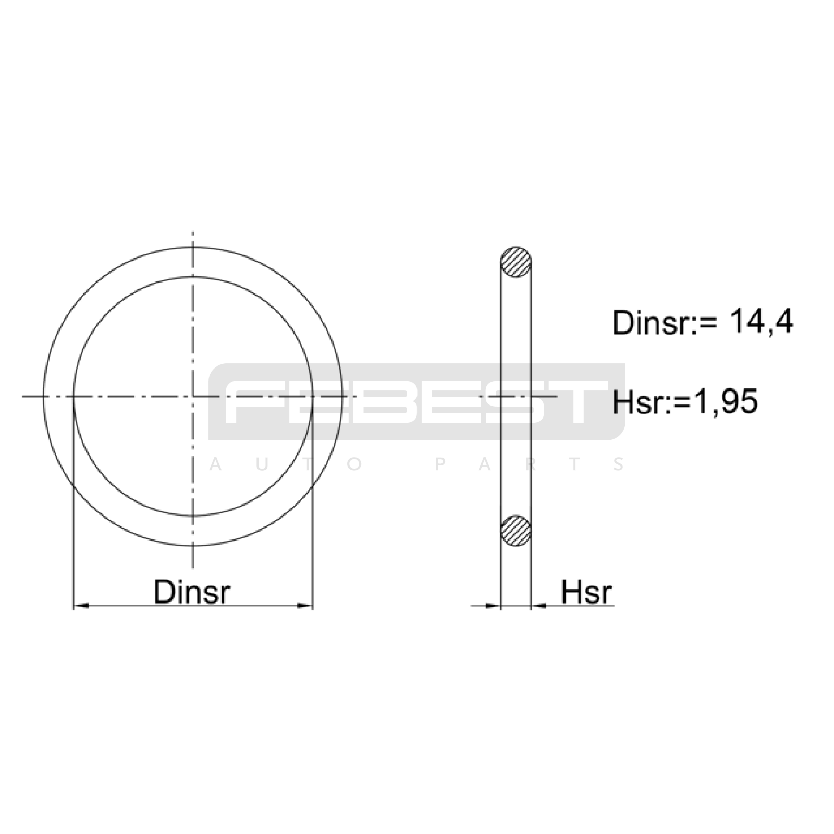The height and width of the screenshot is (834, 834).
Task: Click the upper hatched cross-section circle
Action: (x=516, y=262)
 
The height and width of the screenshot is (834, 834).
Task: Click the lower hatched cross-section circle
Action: (x=516, y=531)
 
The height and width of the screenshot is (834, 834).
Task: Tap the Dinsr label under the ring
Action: (x=192, y=592)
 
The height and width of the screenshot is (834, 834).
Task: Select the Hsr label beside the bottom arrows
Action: (x=586, y=592)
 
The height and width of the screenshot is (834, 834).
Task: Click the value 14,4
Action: (x=761, y=322)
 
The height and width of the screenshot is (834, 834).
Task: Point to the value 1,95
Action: (x=725, y=402)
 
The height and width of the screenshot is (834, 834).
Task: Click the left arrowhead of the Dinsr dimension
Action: (x=81, y=606)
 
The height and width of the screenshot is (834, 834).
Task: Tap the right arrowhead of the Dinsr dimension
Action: (x=304, y=606)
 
